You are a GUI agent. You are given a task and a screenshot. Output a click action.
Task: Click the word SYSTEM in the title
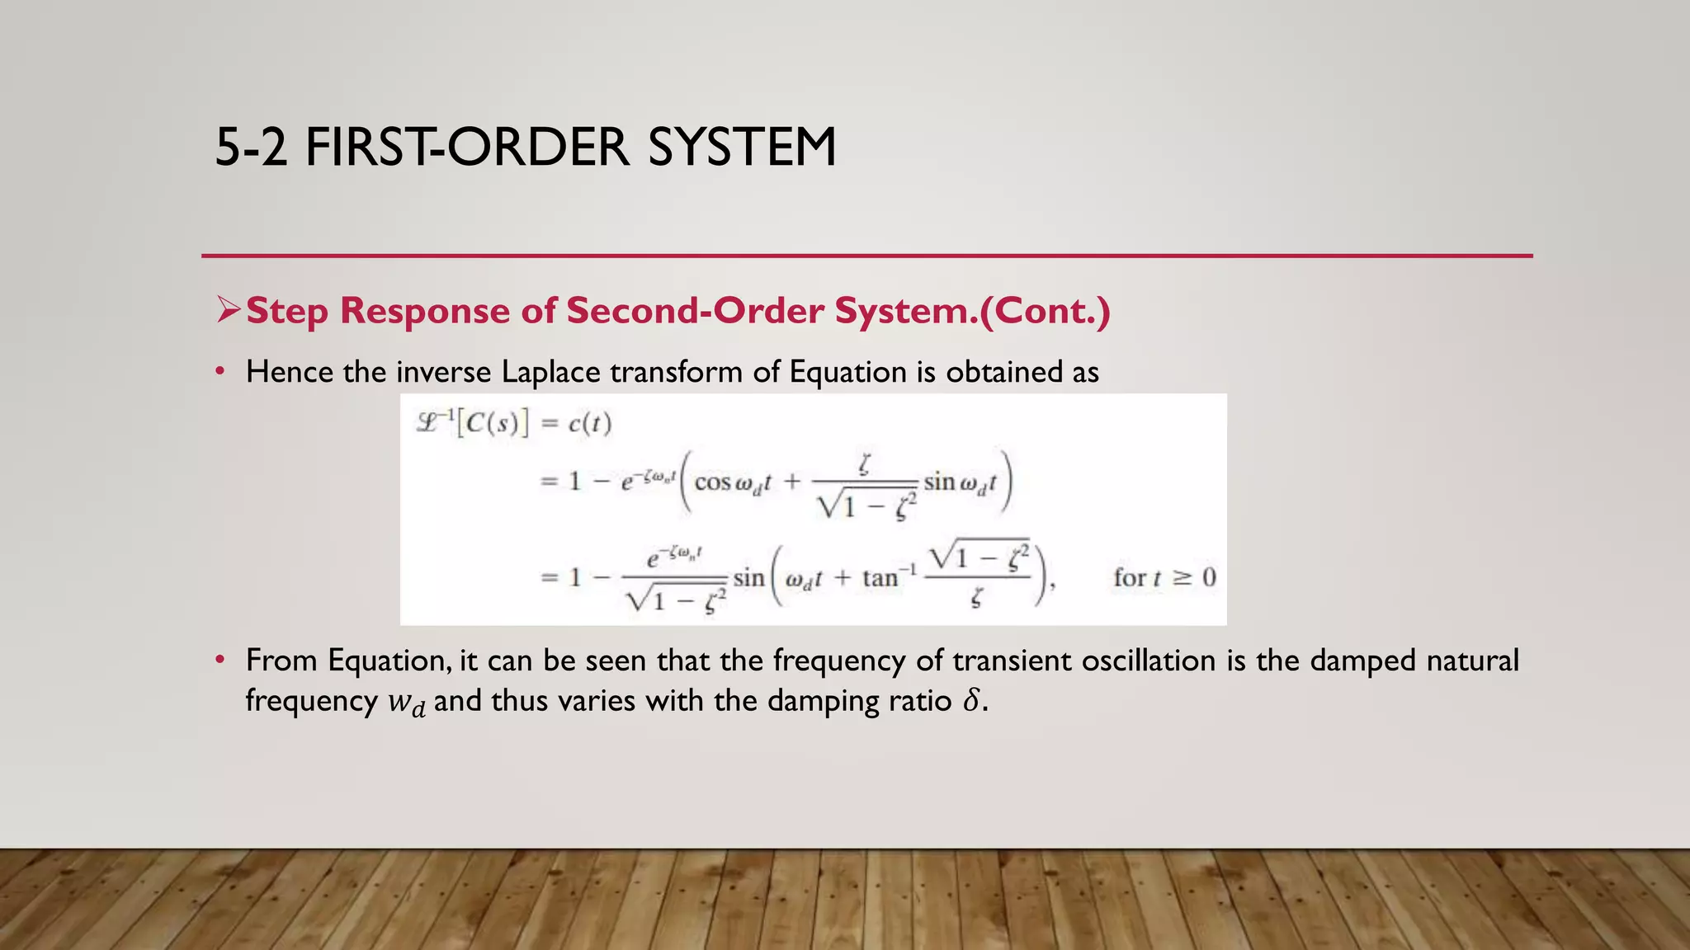[742, 148]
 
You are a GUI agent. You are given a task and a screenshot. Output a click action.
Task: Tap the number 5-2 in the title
[252, 148]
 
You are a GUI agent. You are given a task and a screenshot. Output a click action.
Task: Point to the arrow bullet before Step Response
[228, 310]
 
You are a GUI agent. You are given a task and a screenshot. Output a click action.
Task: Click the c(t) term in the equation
[590, 424]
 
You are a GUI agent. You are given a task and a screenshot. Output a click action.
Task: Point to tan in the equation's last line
[880, 578]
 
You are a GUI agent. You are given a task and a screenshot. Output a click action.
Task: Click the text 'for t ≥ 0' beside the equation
[1164, 577]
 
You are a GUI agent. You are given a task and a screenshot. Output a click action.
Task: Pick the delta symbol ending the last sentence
[972, 701]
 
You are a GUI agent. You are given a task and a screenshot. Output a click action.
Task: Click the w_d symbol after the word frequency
[407, 703]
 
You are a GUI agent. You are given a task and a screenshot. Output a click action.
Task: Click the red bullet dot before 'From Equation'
[220, 661]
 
